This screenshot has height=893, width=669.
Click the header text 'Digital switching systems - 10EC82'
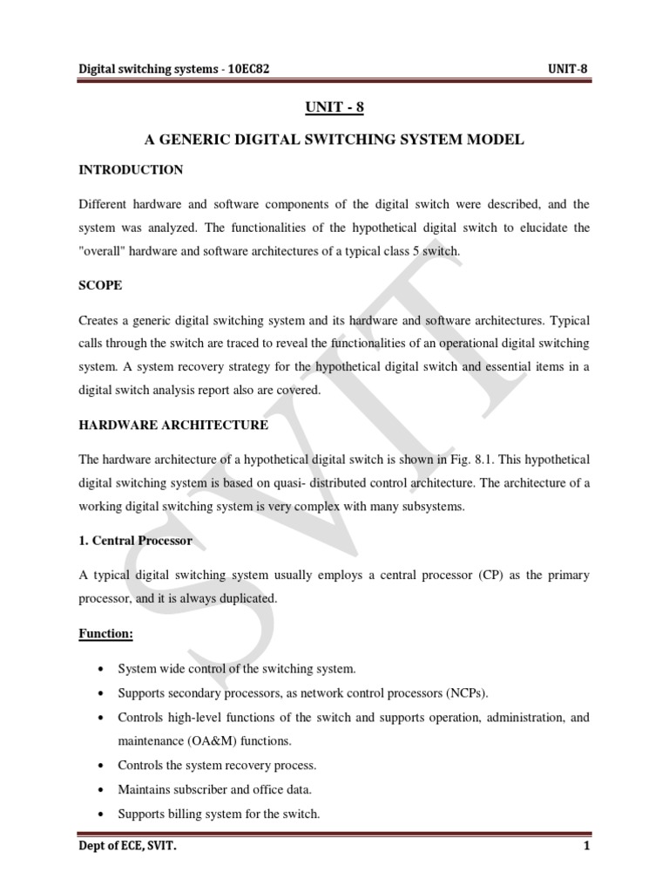pos(174,71)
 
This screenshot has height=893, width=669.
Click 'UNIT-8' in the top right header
pos(569,71)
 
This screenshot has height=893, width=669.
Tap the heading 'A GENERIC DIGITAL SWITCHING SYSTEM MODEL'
pos(334,139)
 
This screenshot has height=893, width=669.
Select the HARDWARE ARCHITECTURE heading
pos(173,425)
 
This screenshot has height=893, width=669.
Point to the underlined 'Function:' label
pos(105,634)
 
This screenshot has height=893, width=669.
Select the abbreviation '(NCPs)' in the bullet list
pos(467,692)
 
